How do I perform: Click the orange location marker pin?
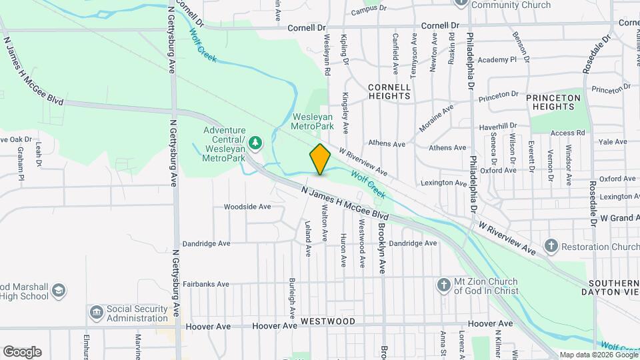click(x=321, y=159)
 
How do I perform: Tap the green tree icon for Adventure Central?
click(x=256, y=142)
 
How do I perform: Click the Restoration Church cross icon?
click(x=551, y=245)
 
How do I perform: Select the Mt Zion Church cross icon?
click(x=443, y=286)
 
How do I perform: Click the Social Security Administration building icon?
click(x=97, y=312)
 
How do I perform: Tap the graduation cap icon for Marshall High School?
click(x=59, y=291)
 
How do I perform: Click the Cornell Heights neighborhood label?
click(x=389, y=91)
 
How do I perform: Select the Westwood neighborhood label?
click(x=327, y=321)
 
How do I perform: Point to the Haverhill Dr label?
click(x=498, y=126)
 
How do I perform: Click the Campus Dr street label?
click(x=369, y=10)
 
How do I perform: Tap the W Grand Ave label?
click(x=620, y=218)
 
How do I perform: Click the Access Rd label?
click(x=567, y=133)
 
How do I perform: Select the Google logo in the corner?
click(x=22, y=352)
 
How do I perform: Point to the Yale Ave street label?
click(x=613, y=142)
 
